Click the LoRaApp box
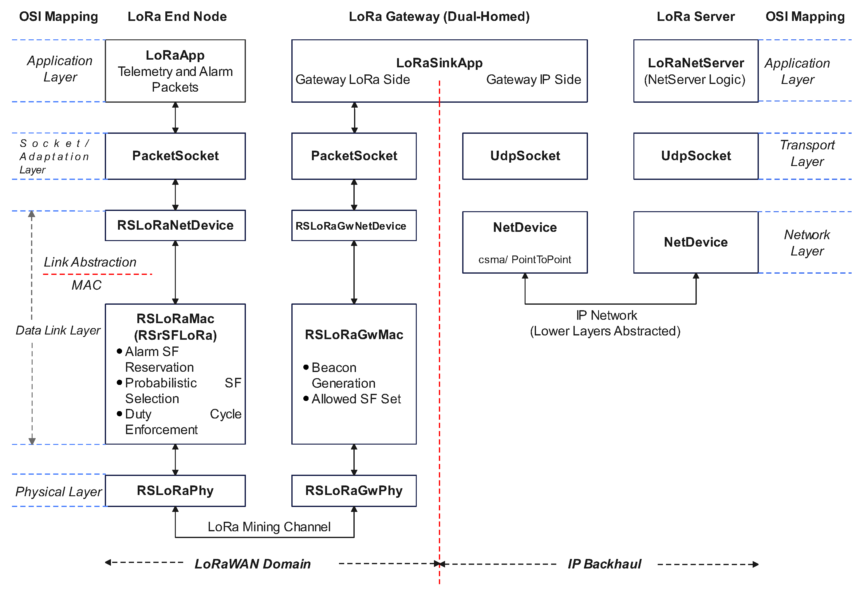[175, 71]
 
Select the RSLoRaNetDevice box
[175, 225]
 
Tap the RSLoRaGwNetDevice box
[354, 225]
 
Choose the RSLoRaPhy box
[175, 490]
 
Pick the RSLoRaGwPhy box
[354, 490]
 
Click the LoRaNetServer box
[696, 71]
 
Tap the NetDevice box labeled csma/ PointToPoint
[525, 242]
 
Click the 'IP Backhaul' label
[604, 564]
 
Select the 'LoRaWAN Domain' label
[253, 564]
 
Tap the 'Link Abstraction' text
[90, 262]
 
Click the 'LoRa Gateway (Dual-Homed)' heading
[439, 16]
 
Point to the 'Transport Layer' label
[807, 153]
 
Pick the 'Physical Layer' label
[59, 492]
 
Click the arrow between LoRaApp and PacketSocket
[175, 117]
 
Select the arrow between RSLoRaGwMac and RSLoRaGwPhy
[354, 460]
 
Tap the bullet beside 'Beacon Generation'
[306, 367]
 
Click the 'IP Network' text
[606, 315]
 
